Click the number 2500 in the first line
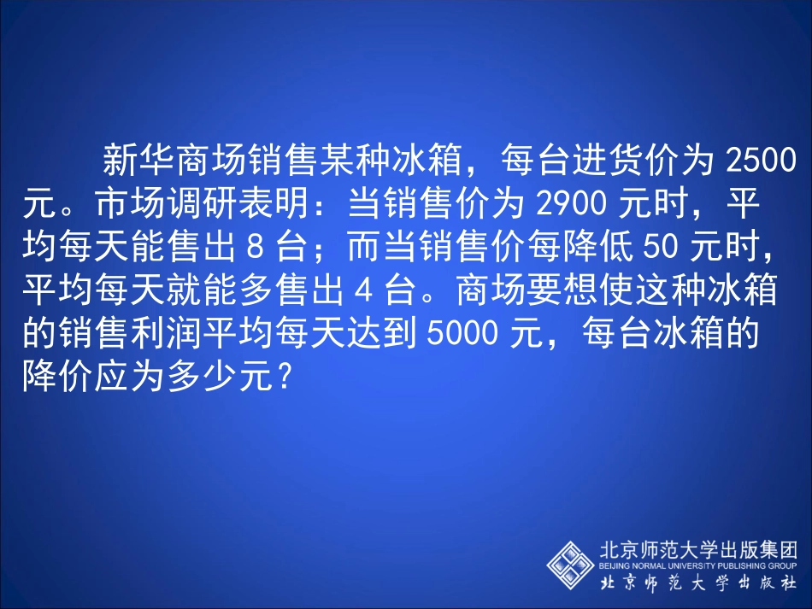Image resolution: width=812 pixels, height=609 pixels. tap(760, 160)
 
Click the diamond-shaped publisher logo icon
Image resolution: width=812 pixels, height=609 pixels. tap(570, 564)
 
